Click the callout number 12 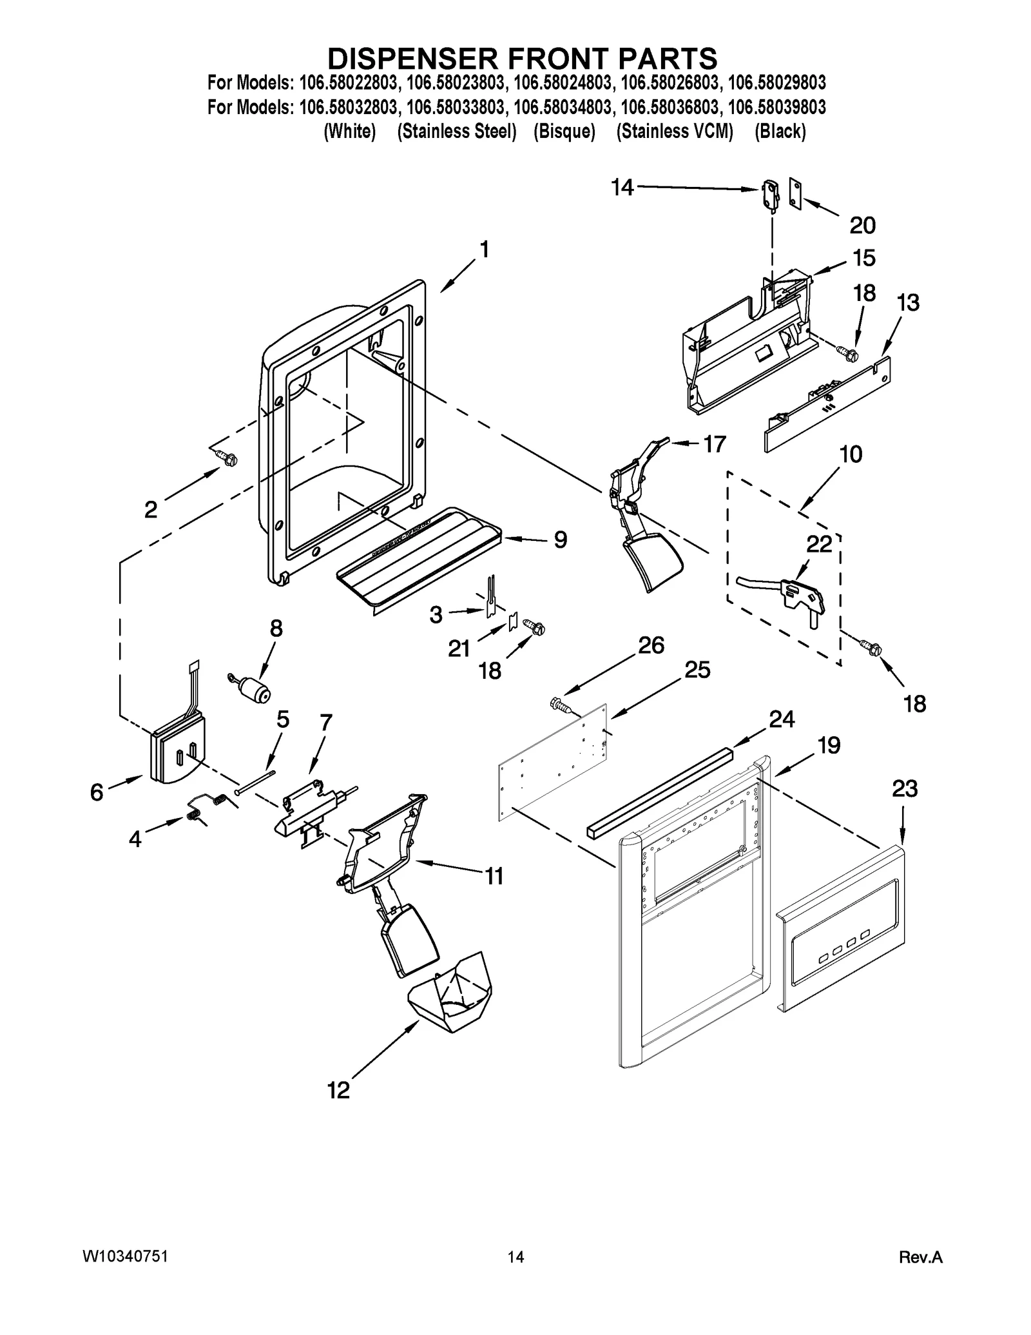(x=338, y=1089)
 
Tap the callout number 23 (x=905, y=788)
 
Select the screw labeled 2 (x=227, y=458)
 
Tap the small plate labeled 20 (x=795, y=195)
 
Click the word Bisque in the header (x=564, y=132)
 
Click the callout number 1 (x=484, y=249)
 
